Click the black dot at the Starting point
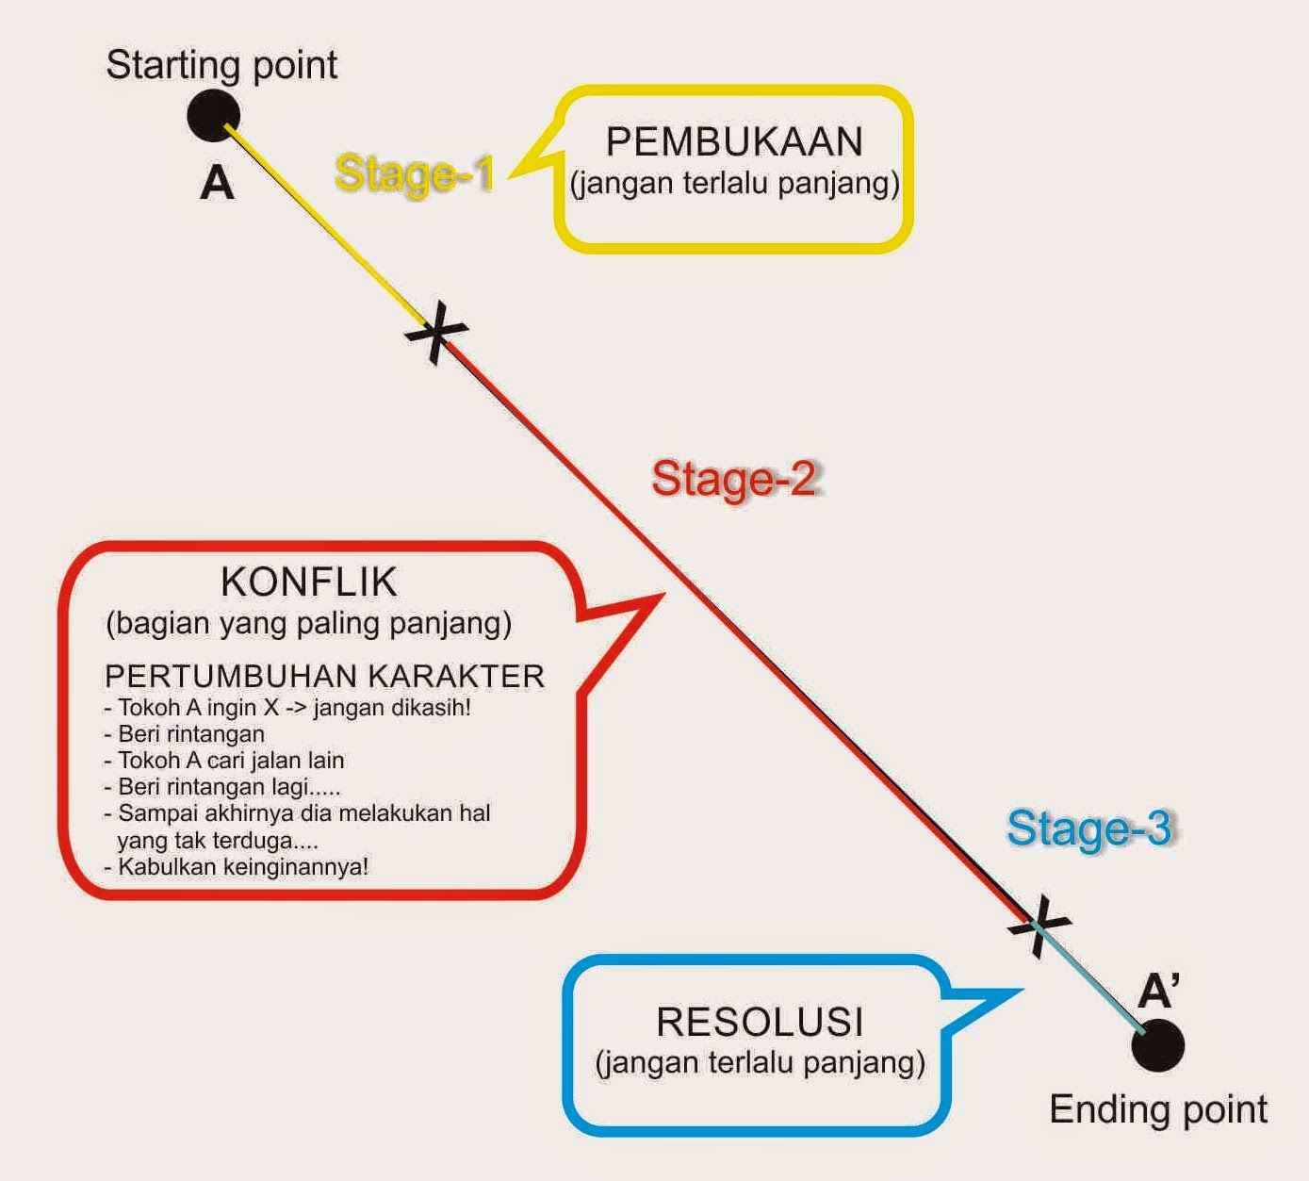point(214,116)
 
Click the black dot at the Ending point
point(1157,1045)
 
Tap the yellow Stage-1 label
point(414,174)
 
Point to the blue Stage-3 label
point(1088,828)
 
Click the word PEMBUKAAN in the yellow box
point(734,142)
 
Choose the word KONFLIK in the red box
point(309,582)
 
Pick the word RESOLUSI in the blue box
point(760,1023)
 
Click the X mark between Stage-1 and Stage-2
point(435,332)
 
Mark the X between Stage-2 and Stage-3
point(1039,926)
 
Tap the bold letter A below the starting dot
point(217,183)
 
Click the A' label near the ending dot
point(1158,992)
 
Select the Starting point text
point(221,65)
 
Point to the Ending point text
point(1158,1109)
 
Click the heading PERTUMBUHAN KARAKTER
point(324,677)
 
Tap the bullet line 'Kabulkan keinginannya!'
point(242,866)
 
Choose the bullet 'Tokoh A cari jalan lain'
point(230,760)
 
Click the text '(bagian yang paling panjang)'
point(309,623)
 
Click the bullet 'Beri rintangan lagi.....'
point(229,787)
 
